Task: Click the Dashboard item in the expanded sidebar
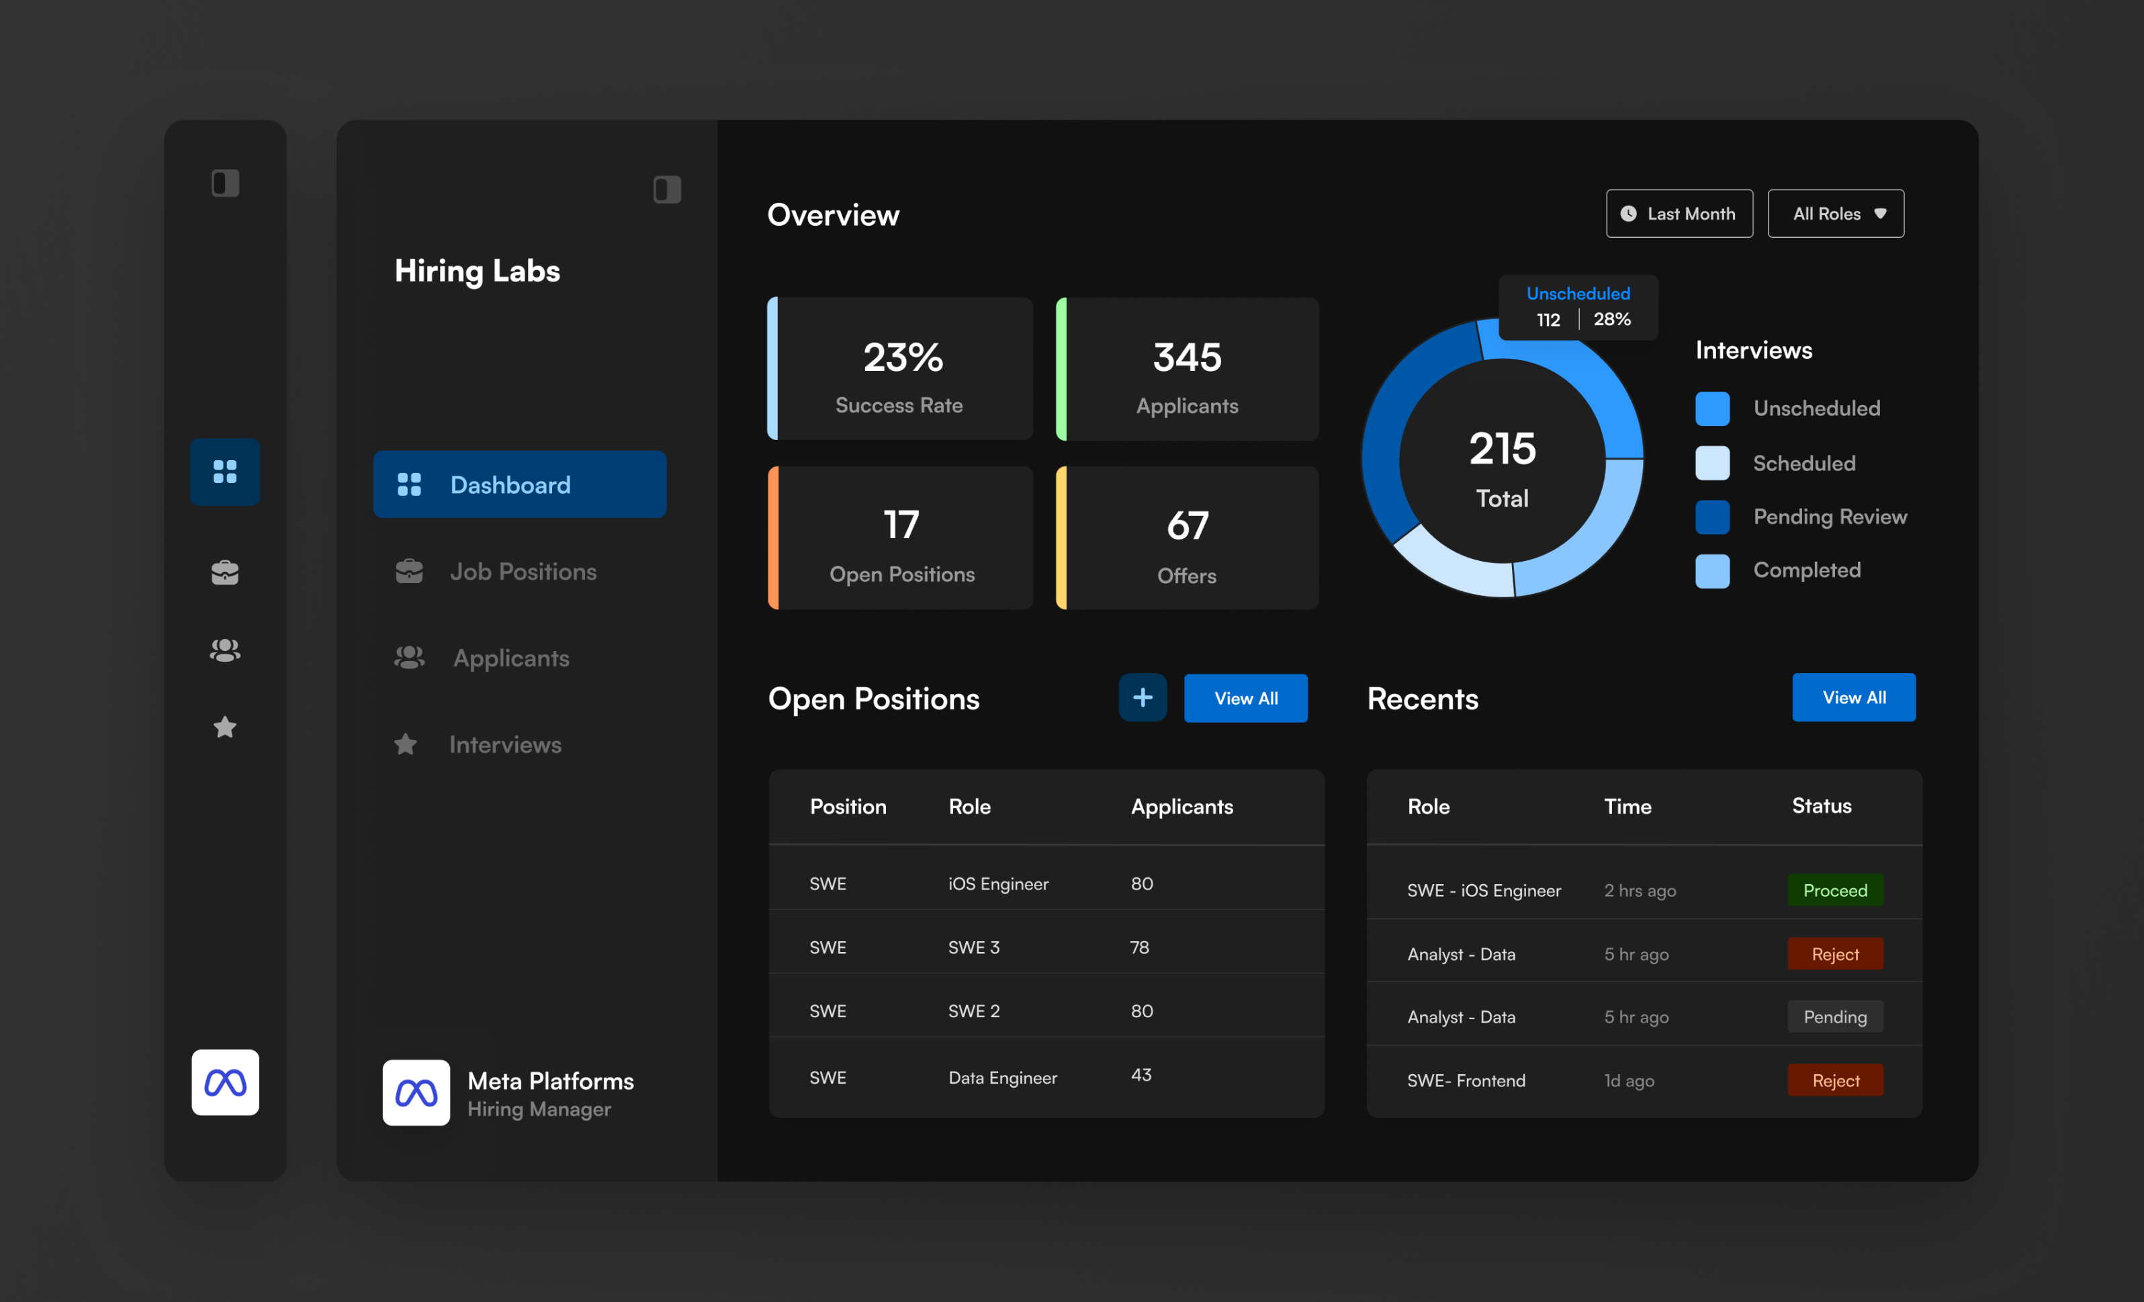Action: [x=519, y=485]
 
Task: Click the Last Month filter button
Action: [x=1679, y=213]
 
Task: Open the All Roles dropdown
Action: [x=1835, y=213]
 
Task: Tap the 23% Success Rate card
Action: [x=901, y=369]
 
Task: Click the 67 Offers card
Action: [x=1187, y=538]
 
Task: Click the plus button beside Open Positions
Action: [x=1142, y=697]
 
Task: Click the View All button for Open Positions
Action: [x=1245, y=698]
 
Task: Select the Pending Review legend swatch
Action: [x=1711, y=517]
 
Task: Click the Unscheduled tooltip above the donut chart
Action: [x=1578, y=306]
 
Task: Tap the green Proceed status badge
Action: [x=1834, y=889]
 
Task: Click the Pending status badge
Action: [x=1834, y=1016]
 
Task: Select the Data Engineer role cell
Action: [x=1002, y=1078]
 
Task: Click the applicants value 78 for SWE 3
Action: [x=1139, y=947]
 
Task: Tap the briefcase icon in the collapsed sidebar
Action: [x=224, y=572]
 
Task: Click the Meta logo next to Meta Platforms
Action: [x=416, y=1092]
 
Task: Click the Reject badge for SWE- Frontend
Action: [x=1834, y=1080]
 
